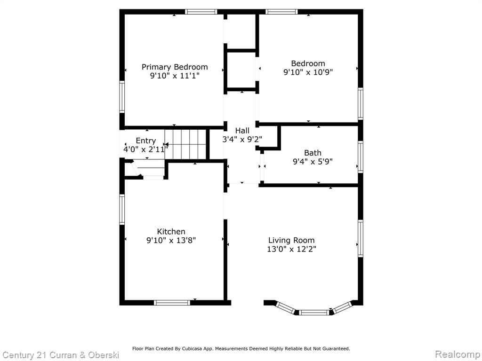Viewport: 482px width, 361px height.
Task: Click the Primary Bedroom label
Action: (175, 67)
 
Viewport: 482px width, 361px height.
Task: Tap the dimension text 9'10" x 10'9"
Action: (308, 72)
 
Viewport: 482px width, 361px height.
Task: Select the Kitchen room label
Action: (171, 231)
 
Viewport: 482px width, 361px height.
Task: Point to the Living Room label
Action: (291, 240)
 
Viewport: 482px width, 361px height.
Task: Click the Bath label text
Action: (313, 153)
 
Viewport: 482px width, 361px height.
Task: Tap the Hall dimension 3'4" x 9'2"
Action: (242, 139)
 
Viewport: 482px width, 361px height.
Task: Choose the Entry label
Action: (146, 141)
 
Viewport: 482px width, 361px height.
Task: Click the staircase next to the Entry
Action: (185, 144)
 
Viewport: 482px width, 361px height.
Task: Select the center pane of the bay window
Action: (314, 313)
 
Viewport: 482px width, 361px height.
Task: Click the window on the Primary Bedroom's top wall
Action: (201, 12)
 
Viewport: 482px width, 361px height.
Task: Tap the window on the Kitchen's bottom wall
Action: (172, 303)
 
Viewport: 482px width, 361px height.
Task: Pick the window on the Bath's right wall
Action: (361, 157)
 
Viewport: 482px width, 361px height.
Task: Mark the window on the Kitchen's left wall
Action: (122, 209)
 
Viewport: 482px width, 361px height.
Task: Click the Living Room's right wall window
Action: (361, 238)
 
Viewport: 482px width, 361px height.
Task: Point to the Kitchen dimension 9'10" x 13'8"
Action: (171, 240)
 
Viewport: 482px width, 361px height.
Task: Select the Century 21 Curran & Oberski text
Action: (61, 355)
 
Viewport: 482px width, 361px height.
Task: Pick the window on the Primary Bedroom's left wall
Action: (122, 97)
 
